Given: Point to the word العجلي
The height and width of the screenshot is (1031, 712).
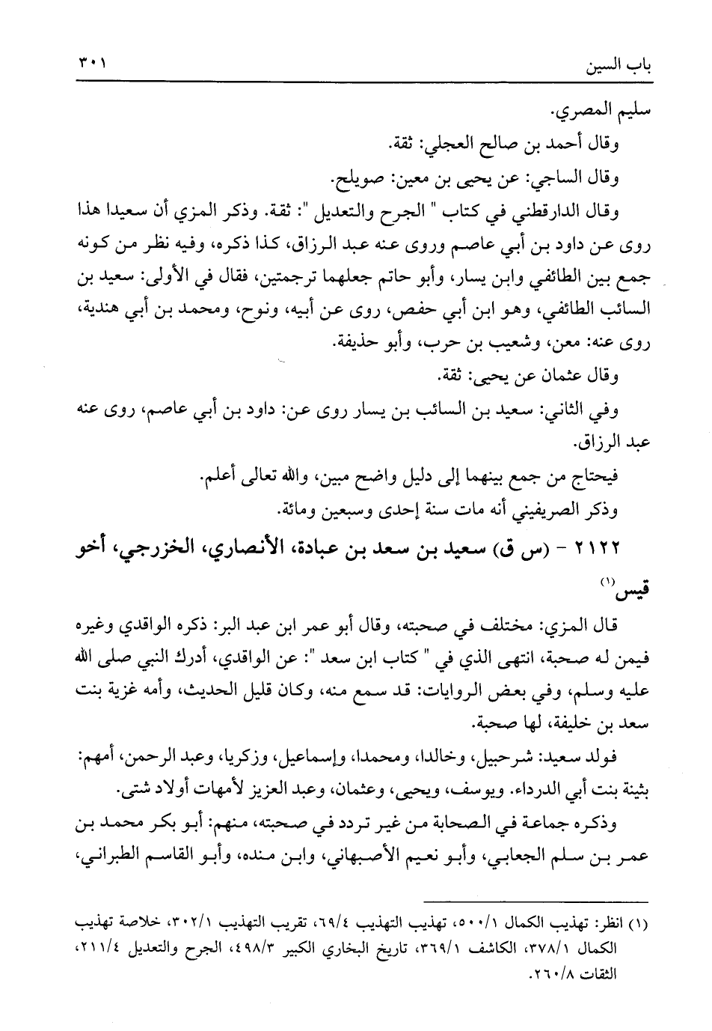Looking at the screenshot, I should [446, 147].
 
